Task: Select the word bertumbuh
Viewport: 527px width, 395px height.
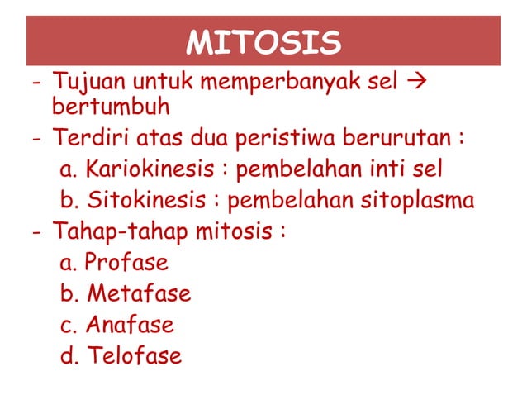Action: tap(111, 107)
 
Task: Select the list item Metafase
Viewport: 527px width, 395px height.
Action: tap(138, 293)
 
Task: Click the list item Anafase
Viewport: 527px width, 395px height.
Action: tap(130, 325)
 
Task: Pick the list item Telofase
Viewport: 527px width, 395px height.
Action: tap(133, 356)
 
